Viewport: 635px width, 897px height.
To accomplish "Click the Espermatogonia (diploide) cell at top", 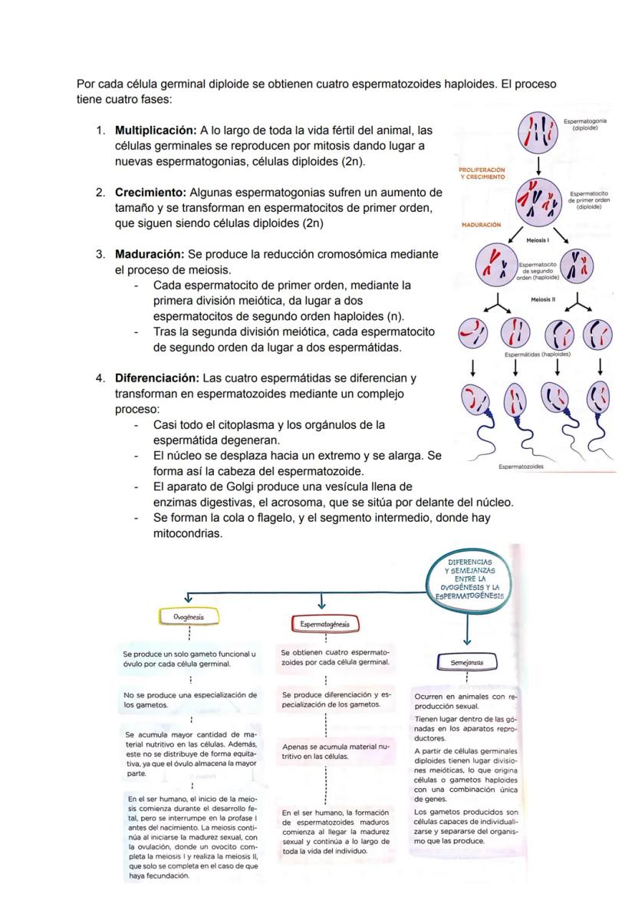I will (538, 131).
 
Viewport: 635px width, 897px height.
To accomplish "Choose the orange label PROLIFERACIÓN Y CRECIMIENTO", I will (482, 173).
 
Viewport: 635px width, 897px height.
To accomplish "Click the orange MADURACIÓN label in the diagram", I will (481, 225).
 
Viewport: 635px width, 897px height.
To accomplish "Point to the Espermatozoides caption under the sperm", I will (521, 466).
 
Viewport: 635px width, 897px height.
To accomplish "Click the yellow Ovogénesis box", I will (188, 616).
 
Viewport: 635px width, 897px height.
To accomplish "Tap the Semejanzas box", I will (467, 661).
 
